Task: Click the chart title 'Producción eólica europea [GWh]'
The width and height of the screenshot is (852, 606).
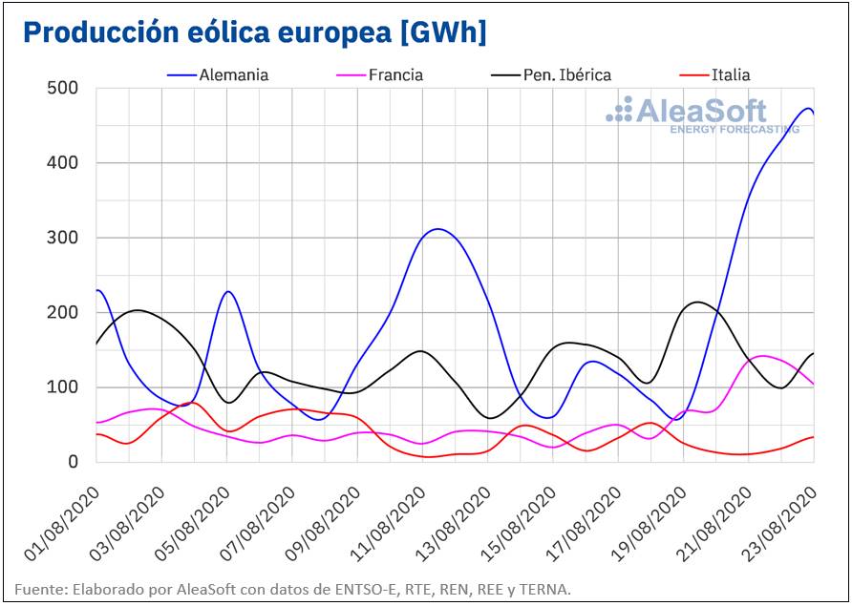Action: (254, 31)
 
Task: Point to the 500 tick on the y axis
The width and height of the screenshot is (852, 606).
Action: (62, 88)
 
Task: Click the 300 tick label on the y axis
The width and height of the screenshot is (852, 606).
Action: (62, 238)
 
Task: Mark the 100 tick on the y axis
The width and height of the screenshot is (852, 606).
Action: (62, 387)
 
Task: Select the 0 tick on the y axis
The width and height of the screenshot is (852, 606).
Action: (72, 462)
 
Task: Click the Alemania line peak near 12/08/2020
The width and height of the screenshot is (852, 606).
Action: (437, 229)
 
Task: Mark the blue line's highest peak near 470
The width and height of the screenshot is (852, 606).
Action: (807, 108)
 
